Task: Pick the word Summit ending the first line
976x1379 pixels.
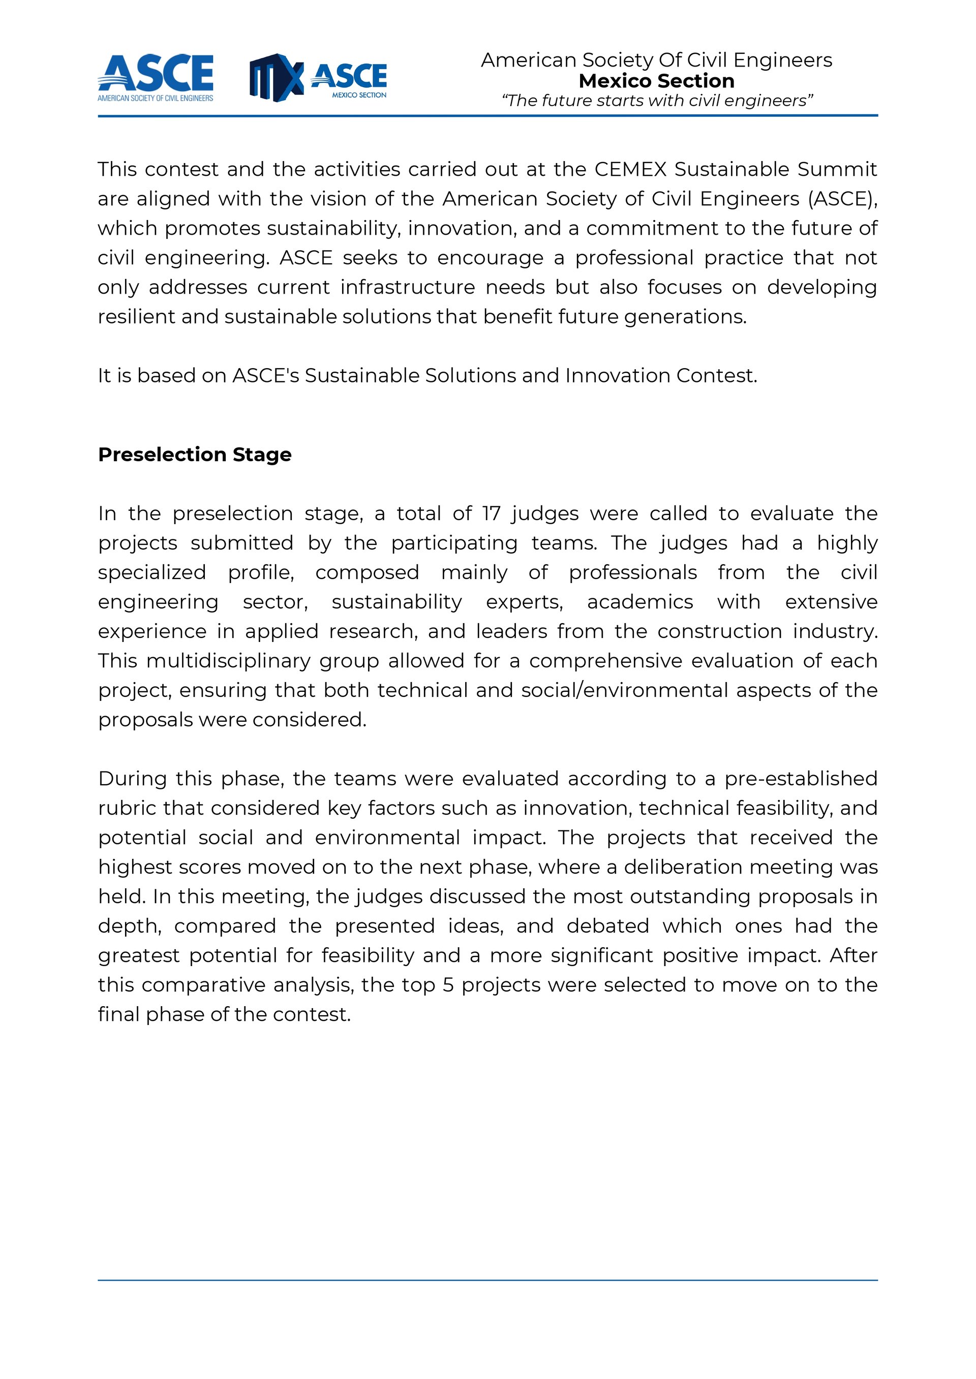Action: [x=837, y=169]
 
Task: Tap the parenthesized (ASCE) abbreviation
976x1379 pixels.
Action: [x=843, y=199]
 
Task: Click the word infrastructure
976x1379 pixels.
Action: [x=408, y=287]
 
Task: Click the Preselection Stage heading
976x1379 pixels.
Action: [x=195, y=455]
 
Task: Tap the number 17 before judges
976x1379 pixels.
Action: [x=491, y=514]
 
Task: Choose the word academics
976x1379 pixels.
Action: [x=640, y=602]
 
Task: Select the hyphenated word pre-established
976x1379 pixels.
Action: [x=801, y=779]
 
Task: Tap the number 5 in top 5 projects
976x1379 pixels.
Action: [x=448, y=984]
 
